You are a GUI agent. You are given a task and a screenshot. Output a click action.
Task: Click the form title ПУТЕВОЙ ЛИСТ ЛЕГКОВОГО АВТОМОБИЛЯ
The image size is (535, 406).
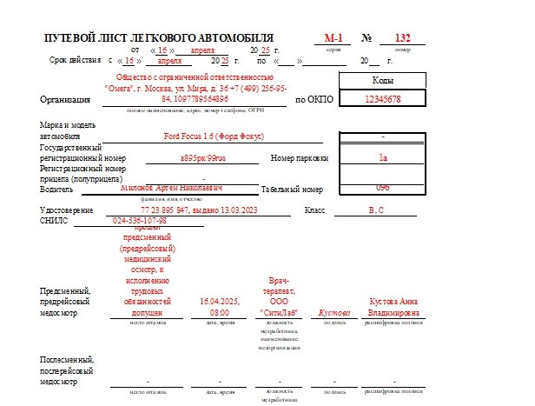(x=158, y=38)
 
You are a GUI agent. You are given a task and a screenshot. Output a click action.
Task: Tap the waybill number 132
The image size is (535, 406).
(x=402, y=38)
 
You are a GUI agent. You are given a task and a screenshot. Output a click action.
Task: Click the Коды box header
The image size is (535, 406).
(x=382, y=80)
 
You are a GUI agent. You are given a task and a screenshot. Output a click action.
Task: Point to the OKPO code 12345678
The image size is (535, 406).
(x=382, y=99)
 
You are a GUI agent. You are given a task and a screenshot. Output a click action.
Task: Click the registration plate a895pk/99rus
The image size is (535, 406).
(x=202, y=159)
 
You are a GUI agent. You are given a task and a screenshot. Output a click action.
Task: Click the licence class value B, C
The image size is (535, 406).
(x=376, y=210)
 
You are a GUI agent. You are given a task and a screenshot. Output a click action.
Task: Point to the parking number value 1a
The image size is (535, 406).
(x=383, y=158)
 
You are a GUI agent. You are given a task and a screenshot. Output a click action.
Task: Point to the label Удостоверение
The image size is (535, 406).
(x=66, y=210)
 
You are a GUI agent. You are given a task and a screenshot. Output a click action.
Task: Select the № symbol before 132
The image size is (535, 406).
(x=367, y=38)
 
